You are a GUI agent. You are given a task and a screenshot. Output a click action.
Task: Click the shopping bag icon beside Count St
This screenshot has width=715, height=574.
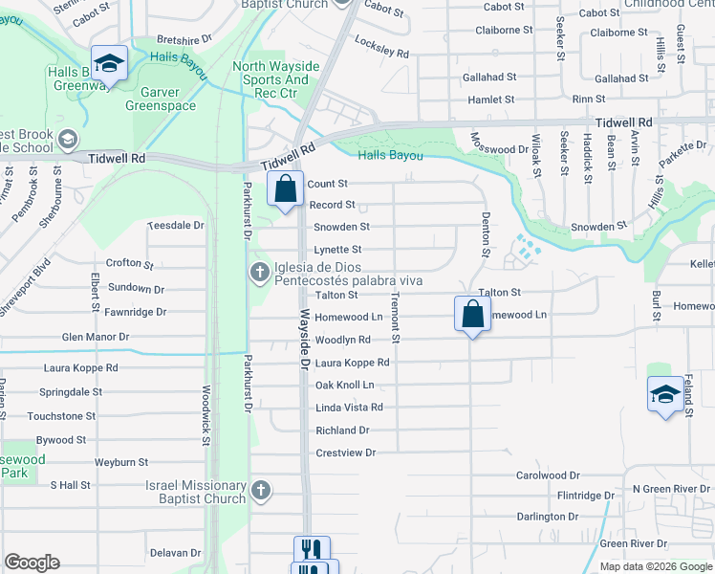(285, 188)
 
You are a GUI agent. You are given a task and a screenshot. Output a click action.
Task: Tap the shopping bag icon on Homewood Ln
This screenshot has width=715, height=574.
(472, 314)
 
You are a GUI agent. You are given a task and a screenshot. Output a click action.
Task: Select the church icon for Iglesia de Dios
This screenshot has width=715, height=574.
(258, 273)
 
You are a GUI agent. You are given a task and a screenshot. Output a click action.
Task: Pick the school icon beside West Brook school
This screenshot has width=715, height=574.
(68, 141)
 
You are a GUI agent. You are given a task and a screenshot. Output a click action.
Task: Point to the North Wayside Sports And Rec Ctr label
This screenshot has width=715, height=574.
(271, 80)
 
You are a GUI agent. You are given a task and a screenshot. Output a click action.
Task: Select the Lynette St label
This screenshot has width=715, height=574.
(337, 250)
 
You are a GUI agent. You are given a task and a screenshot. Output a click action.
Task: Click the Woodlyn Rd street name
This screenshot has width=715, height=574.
(342, 340)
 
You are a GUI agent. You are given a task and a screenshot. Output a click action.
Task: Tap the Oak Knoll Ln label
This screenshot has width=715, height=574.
(344, 385)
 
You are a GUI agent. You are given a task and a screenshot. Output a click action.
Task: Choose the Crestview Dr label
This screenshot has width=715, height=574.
(346, 452)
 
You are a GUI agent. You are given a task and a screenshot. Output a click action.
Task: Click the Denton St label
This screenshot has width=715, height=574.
(486, 234)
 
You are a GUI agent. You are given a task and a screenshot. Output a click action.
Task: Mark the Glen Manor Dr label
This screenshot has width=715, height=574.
(96, 337)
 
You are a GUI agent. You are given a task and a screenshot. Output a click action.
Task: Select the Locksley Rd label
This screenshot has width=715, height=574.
(381, 47)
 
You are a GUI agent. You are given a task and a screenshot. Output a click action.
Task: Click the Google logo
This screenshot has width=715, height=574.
(32, 563)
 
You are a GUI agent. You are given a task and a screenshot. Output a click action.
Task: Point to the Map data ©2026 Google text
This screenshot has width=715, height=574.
(655, 566)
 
